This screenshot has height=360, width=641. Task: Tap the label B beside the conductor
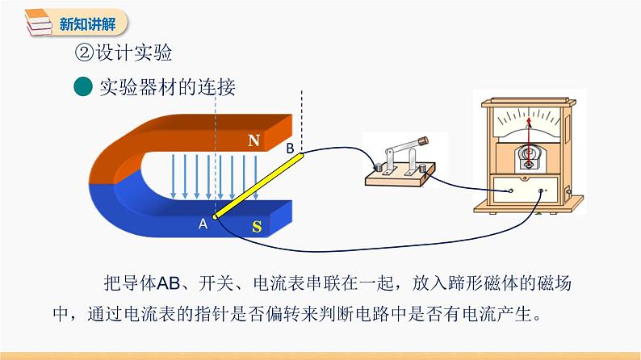pos(291,149)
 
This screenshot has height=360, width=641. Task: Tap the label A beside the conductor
pos(203,224)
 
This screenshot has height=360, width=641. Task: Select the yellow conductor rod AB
pos(258,185)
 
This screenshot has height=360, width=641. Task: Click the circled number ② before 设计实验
pos(83,53)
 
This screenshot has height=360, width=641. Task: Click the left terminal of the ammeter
pos(509,192)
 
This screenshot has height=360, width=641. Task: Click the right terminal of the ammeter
pos(543,191)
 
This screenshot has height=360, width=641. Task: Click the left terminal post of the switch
pos(376,168)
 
